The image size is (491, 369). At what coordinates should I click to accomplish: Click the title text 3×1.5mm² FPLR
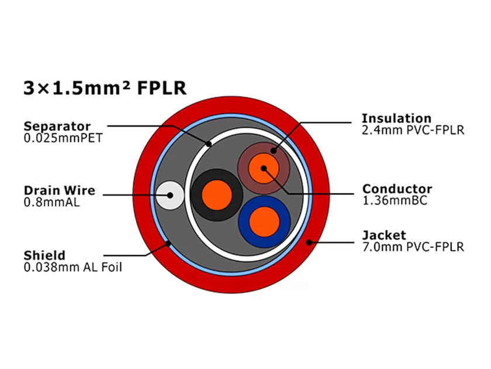click(x=105, y=88)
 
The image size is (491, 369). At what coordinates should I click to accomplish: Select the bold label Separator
click(x=57, y=126)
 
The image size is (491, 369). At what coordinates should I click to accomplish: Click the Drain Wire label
click(x=59, y=190)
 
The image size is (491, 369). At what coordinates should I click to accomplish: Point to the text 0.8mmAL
click(x=51, y=203)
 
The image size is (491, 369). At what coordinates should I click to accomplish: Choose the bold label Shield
click(x=44, y=255)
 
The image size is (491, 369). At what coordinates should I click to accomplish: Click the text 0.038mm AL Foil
click(x=72, y=267)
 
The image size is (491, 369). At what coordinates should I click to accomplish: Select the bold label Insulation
click(x=396, y=118)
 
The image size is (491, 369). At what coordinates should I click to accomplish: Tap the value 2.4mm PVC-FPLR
click(x=413, y=131)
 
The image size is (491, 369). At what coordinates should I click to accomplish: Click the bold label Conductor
click(x=397, y=189)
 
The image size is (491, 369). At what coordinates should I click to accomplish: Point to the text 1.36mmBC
click(x=395, y=201)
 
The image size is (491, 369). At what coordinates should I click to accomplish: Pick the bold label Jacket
click(x=383, y=235)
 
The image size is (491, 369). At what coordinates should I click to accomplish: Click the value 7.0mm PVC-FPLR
click(x=413, y=247)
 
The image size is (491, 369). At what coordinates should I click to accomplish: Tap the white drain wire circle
click(x=171, y=194)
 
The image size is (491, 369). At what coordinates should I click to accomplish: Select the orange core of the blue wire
click(x=264, y=221)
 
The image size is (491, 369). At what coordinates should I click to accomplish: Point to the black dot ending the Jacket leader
click(x=309, y=241)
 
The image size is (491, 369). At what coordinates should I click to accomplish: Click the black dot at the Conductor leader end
click(x=264, y=168)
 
